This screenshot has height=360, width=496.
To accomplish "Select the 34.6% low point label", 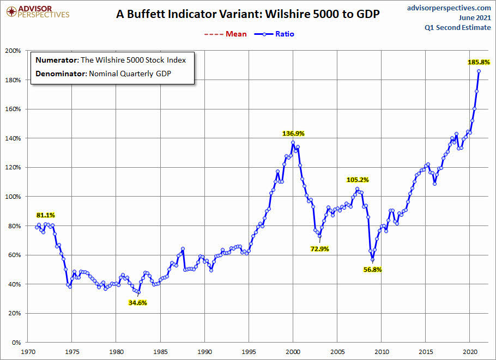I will [137, 303].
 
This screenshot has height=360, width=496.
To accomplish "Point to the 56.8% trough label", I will [373, 270].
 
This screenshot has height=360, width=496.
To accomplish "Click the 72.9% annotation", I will [320, 249].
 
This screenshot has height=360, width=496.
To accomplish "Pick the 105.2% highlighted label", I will [357, 180].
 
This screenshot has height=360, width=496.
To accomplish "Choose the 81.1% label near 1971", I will [46, 215].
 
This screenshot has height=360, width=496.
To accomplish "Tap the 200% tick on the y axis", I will [13, 51].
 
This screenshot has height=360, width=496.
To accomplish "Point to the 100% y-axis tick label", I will [13, 197].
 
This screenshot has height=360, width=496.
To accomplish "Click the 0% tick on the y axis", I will [16, 343].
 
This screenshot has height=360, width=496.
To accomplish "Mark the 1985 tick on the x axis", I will [160, 352].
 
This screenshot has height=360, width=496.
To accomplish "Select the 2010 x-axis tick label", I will [382, 352].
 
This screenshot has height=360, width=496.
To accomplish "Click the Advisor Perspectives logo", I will [37, 11].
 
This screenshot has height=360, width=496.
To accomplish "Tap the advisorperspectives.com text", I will [449, 8].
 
